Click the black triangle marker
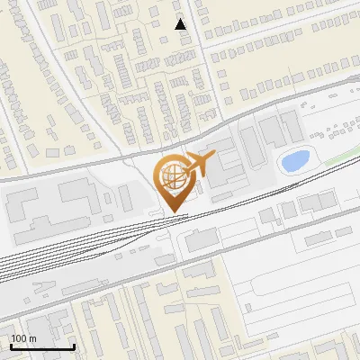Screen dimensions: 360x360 (181, 24)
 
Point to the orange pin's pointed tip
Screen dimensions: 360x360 (171, 212)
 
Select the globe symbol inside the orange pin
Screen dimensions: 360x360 (170, 178)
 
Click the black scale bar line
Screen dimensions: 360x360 (42, 346)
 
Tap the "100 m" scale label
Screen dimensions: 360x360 (23, 338)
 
